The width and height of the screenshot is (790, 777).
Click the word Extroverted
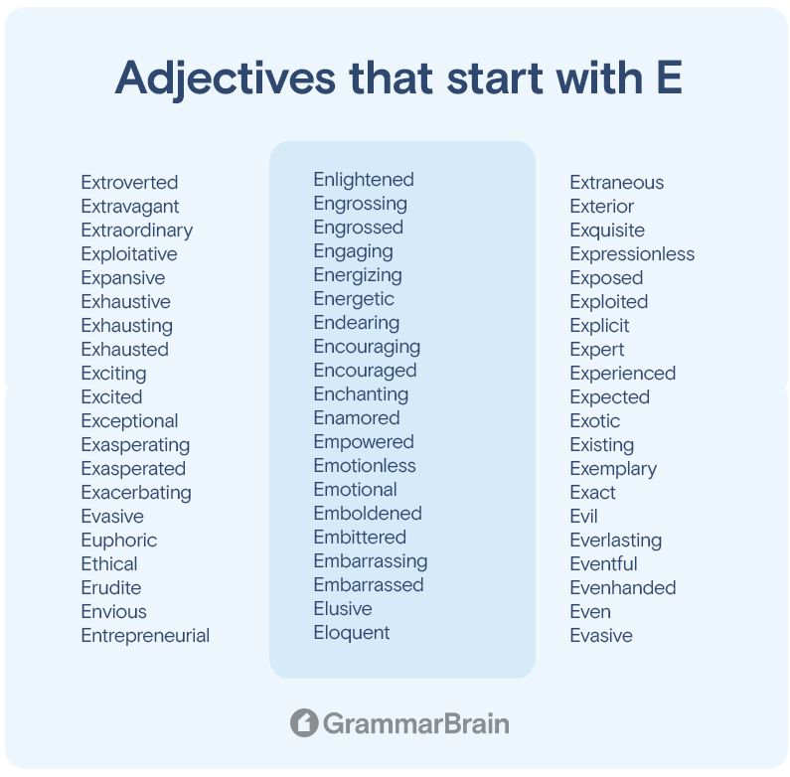pyautogui.click(x=129, y=183)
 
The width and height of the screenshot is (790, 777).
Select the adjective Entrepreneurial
pyautogui.click(x=145, y=635)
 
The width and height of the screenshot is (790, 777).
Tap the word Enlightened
pyautogui.click(x=364, y=180)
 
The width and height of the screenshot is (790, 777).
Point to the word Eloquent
pyautogui.click(x=352, y=633)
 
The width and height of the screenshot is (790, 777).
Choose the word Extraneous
pyautogui.click(x=617, y=183)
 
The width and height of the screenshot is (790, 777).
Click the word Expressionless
pyautogui.click(x=632, y=254)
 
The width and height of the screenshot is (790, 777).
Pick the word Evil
pyautogui.click(x=583, y=516)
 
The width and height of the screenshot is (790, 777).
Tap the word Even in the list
pyautogui.click(x=590, y=612)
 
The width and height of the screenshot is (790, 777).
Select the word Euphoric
pyautogui.click(x=119, y=541)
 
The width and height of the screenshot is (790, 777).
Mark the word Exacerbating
pyautogui.click(x=136, y=493)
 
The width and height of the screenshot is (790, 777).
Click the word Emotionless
pyautogui.click(x=365, y=466)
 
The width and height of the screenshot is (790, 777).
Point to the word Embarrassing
pyautogui.click(x=371, y=561)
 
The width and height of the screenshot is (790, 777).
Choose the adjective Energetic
pyautogui.click(x=354, y=299)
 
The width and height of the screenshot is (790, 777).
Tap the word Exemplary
pyautogui.click(x=613, y=469)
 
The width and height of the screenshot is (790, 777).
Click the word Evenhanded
pyautogui.click(x=623, y=587)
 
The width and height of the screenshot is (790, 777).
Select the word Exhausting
pyautogui.click(x=127, y=326)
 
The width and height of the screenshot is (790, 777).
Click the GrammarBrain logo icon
pyautogui.click(x=304, y=722)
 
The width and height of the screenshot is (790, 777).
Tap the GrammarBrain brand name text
pyautogui.click(x=416, y=723)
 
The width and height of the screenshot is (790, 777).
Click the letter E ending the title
pyautogui.click(x=670, y=78)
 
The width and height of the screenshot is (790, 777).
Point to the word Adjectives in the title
pyautogui.click(x=226, y=79)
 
